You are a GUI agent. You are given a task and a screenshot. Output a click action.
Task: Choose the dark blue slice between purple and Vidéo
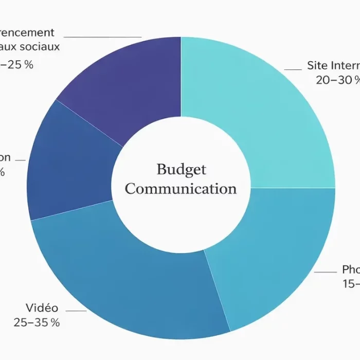[x=67, y=165]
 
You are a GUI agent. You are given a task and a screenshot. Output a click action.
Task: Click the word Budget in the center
[x=181, y=169]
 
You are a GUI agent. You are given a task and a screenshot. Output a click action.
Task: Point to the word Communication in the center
[x=181, y=189]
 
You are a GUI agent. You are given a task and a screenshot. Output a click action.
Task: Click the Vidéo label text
[x=42, y=308]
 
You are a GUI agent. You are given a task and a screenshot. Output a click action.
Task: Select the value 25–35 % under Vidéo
[x=37, y=322]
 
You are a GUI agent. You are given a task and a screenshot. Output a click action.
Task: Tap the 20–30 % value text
[x=337, y=80]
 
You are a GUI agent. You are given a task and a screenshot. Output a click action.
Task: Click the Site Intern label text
[x=333, y=65]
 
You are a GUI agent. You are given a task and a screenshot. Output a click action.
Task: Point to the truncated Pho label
[x=351, y=269]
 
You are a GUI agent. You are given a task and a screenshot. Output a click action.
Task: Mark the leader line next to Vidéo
[x=76, y=311]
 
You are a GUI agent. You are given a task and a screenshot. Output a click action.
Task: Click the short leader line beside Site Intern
[x=293, y=69]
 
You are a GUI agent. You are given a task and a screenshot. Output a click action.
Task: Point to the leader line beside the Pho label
[x=325, y=272]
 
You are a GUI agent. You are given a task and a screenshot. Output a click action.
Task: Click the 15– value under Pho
[x=351, y=283]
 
